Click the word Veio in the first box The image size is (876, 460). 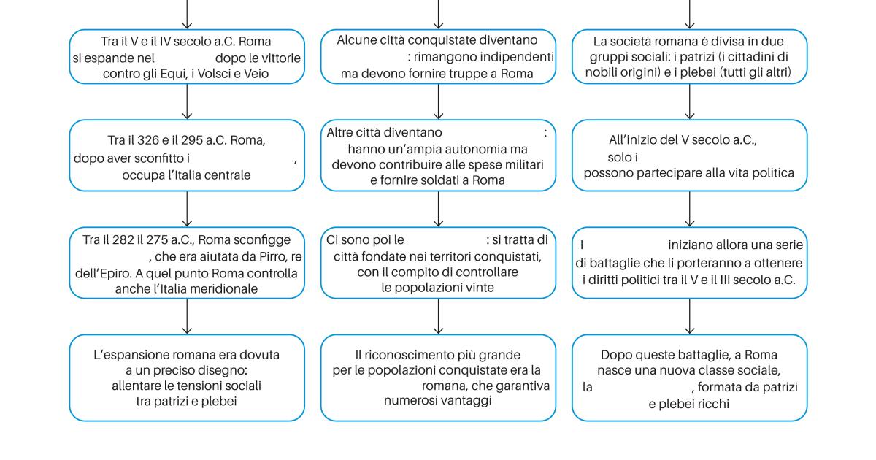coord(256,74)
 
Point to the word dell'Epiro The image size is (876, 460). coord(103,273)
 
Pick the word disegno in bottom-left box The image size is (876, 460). coord(223,370)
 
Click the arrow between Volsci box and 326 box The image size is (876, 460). coord(187,101)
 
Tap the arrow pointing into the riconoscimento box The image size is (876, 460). coord(439,316)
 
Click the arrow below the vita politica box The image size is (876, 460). coord(689,210)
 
